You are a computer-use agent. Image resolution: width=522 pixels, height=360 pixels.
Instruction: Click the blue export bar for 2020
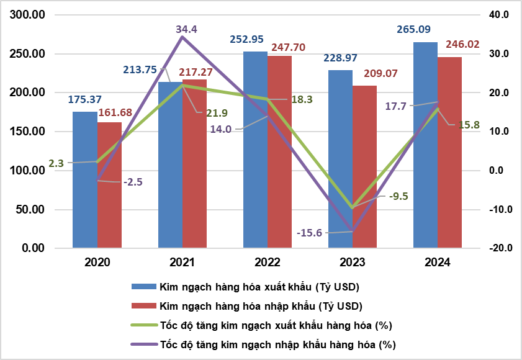84,180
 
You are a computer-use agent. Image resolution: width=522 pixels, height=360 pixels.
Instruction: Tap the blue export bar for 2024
425,146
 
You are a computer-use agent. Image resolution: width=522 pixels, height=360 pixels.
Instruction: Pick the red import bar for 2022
279,152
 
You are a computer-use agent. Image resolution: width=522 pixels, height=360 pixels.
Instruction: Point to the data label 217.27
196,72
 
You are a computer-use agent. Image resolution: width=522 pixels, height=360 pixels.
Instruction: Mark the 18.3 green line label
302,99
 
